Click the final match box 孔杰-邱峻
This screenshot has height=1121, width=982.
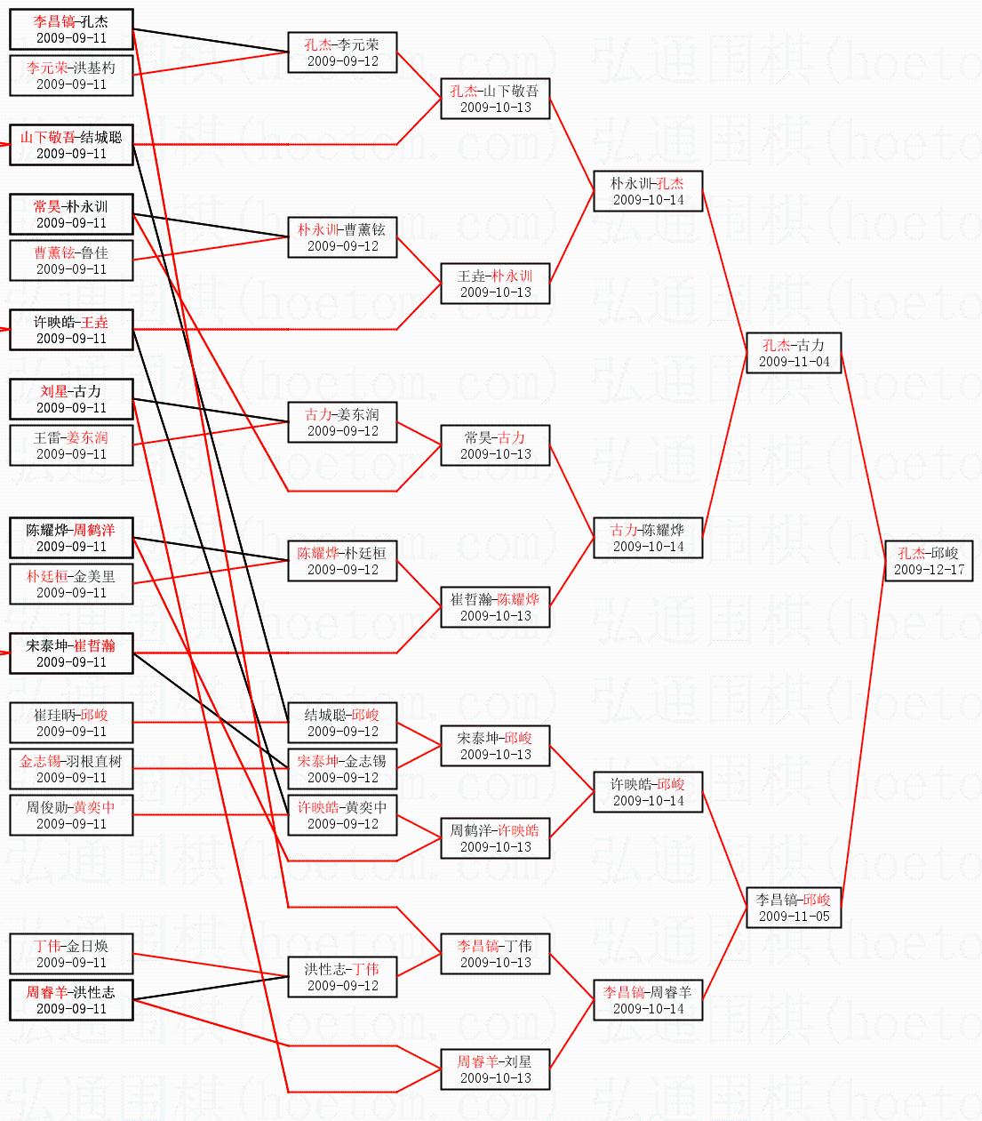[929, 561]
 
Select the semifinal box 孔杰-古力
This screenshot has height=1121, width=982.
[794, 353]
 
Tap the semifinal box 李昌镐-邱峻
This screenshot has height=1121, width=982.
[794, 907]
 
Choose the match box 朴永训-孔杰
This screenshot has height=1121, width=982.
[648, 191]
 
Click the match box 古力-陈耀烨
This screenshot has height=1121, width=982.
[648, 538]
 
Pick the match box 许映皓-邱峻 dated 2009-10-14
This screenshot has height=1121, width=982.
[648, 792]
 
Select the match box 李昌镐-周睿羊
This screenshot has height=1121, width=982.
[648, 1000]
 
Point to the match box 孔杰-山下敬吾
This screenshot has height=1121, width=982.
[495, 99]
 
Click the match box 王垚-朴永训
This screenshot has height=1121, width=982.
[495, 284]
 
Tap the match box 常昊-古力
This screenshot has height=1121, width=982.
[495, 445]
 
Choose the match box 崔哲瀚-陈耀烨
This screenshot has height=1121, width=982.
[495, 607]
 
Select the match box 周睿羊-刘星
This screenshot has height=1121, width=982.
[495, 1069]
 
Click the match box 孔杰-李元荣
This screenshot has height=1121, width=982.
[342, 52]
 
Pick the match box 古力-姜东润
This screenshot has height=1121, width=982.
[342, 422]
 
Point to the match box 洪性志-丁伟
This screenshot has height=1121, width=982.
[342, 977]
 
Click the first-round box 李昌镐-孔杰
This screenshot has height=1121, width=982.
[71, 29]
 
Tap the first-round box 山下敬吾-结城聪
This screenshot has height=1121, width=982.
[71, 145]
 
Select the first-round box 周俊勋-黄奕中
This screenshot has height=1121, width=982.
[71, 815]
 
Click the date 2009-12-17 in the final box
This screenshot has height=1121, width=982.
[929, 570]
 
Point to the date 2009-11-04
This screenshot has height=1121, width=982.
[794, 362]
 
